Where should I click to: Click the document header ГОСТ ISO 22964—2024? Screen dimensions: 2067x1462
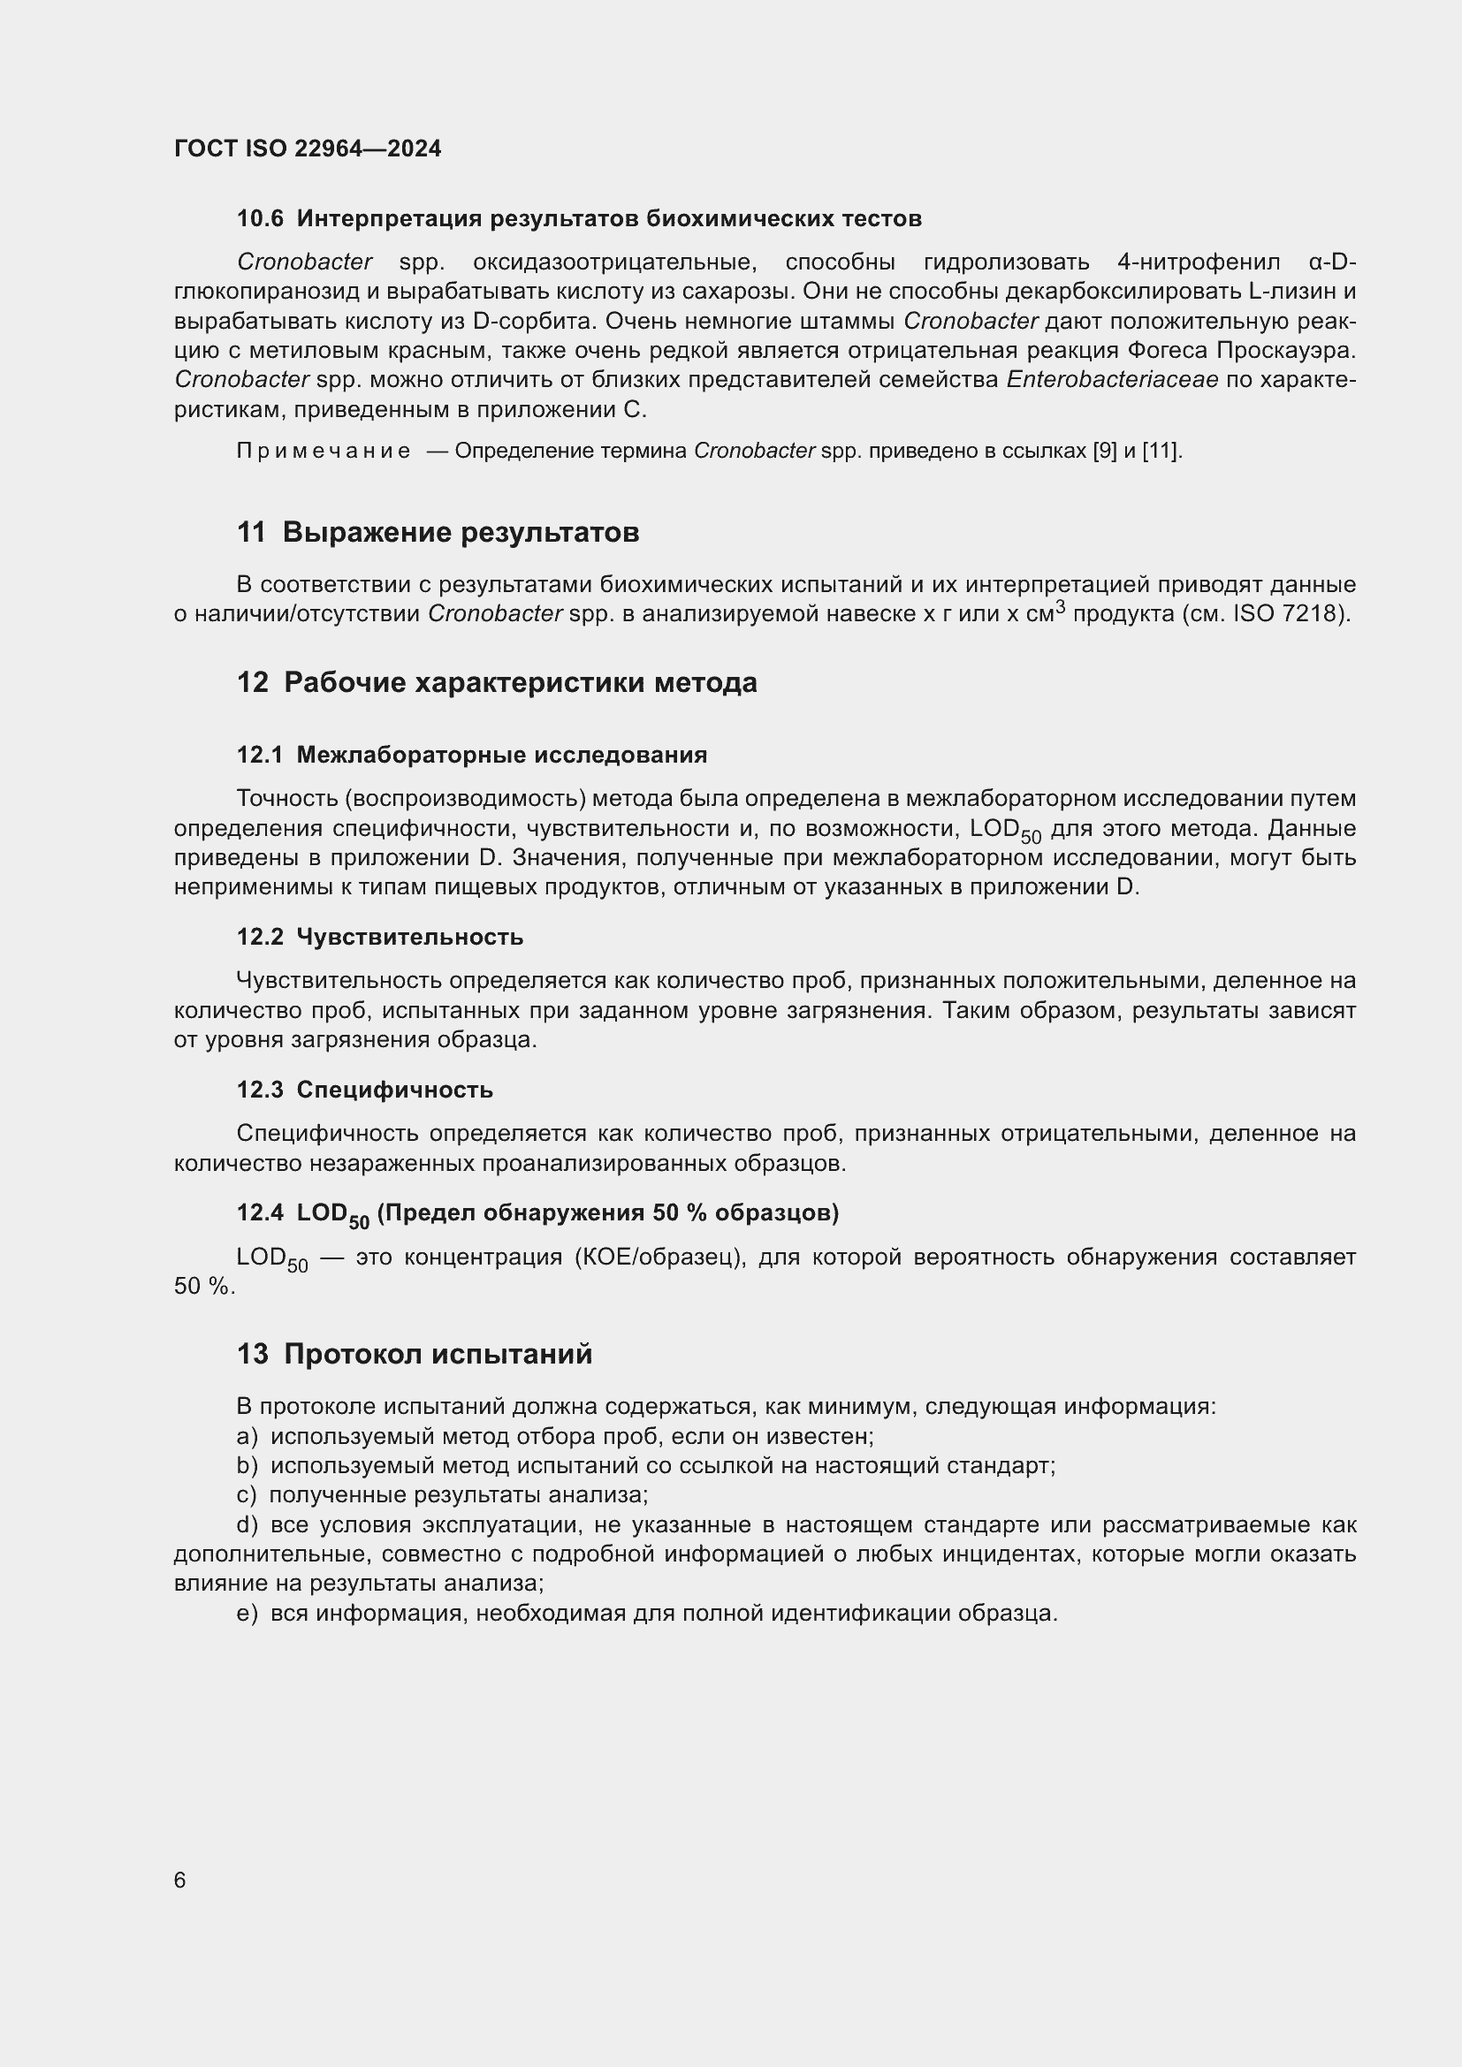click(x=307, y=148)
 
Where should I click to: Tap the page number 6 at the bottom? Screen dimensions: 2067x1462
click(x=180, y=1880)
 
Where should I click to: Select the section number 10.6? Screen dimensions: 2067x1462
click(x=259, y=219)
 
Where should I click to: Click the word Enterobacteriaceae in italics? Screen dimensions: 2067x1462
click(x=1112, y=380)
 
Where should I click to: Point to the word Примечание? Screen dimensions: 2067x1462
click(x=324, y=451)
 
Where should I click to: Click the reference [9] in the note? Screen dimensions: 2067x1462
click(x=1104, y=451)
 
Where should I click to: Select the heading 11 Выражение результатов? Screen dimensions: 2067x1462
click(x=438, y=532)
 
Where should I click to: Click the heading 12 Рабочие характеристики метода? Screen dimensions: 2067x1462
click(x=496, y=682)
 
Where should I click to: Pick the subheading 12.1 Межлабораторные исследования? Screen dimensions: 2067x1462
click(x=472, y=755)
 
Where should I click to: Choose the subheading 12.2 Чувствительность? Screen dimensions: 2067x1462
click(x=379, y=937)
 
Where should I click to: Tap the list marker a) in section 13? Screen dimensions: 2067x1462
click(x=247, y=1436)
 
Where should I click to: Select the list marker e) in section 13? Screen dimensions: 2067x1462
click(x=247, y=1614)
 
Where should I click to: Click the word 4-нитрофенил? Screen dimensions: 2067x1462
click(x=1198, y=262)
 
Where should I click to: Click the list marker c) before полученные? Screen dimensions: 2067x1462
click(x=246, y=1495)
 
